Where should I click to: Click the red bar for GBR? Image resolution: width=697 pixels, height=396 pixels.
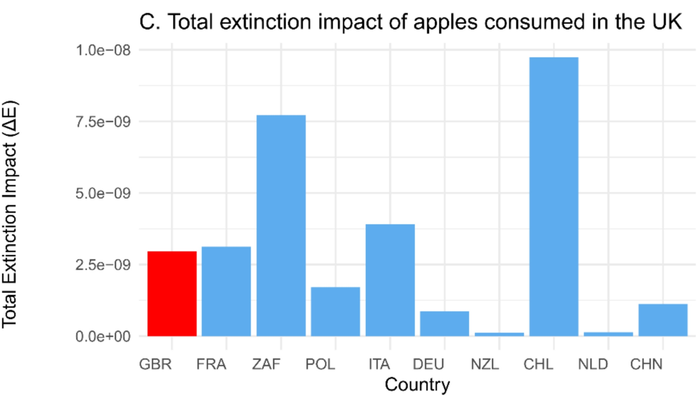coord(172,294)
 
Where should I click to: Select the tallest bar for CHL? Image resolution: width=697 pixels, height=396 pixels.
coord(554,197)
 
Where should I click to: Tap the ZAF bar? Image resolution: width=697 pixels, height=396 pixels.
coord(281,225)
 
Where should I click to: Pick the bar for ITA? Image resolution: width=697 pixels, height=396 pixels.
coord(390,280)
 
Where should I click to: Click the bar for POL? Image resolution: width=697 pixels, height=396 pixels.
coord(336,311)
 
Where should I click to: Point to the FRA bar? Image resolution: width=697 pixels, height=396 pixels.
coord(226,291)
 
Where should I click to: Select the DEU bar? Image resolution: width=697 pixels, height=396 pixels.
coord(444,324)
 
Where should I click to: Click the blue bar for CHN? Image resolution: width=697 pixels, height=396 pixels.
coord(663,320)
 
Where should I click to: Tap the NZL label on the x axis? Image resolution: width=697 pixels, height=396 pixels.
coord(485,364)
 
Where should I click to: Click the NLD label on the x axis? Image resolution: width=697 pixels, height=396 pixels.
coord(593,364)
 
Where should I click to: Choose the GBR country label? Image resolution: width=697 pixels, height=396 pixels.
coord(155,364)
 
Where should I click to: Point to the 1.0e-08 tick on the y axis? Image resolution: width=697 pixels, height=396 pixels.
coord(103,50)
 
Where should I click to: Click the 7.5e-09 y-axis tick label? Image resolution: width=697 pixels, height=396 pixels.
coord(103,122)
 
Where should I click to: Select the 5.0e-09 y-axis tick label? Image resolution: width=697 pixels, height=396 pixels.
coord(103,193)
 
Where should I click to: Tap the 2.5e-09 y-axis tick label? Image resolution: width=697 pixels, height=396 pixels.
coord(103,265)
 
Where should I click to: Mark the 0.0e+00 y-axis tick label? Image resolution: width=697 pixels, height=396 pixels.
coord(103,336)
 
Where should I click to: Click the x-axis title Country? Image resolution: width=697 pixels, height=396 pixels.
coord(417,384)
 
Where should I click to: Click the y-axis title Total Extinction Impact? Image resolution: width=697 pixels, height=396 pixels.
coord(9,214)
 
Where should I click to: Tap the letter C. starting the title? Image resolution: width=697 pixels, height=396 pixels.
coord(150,22)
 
